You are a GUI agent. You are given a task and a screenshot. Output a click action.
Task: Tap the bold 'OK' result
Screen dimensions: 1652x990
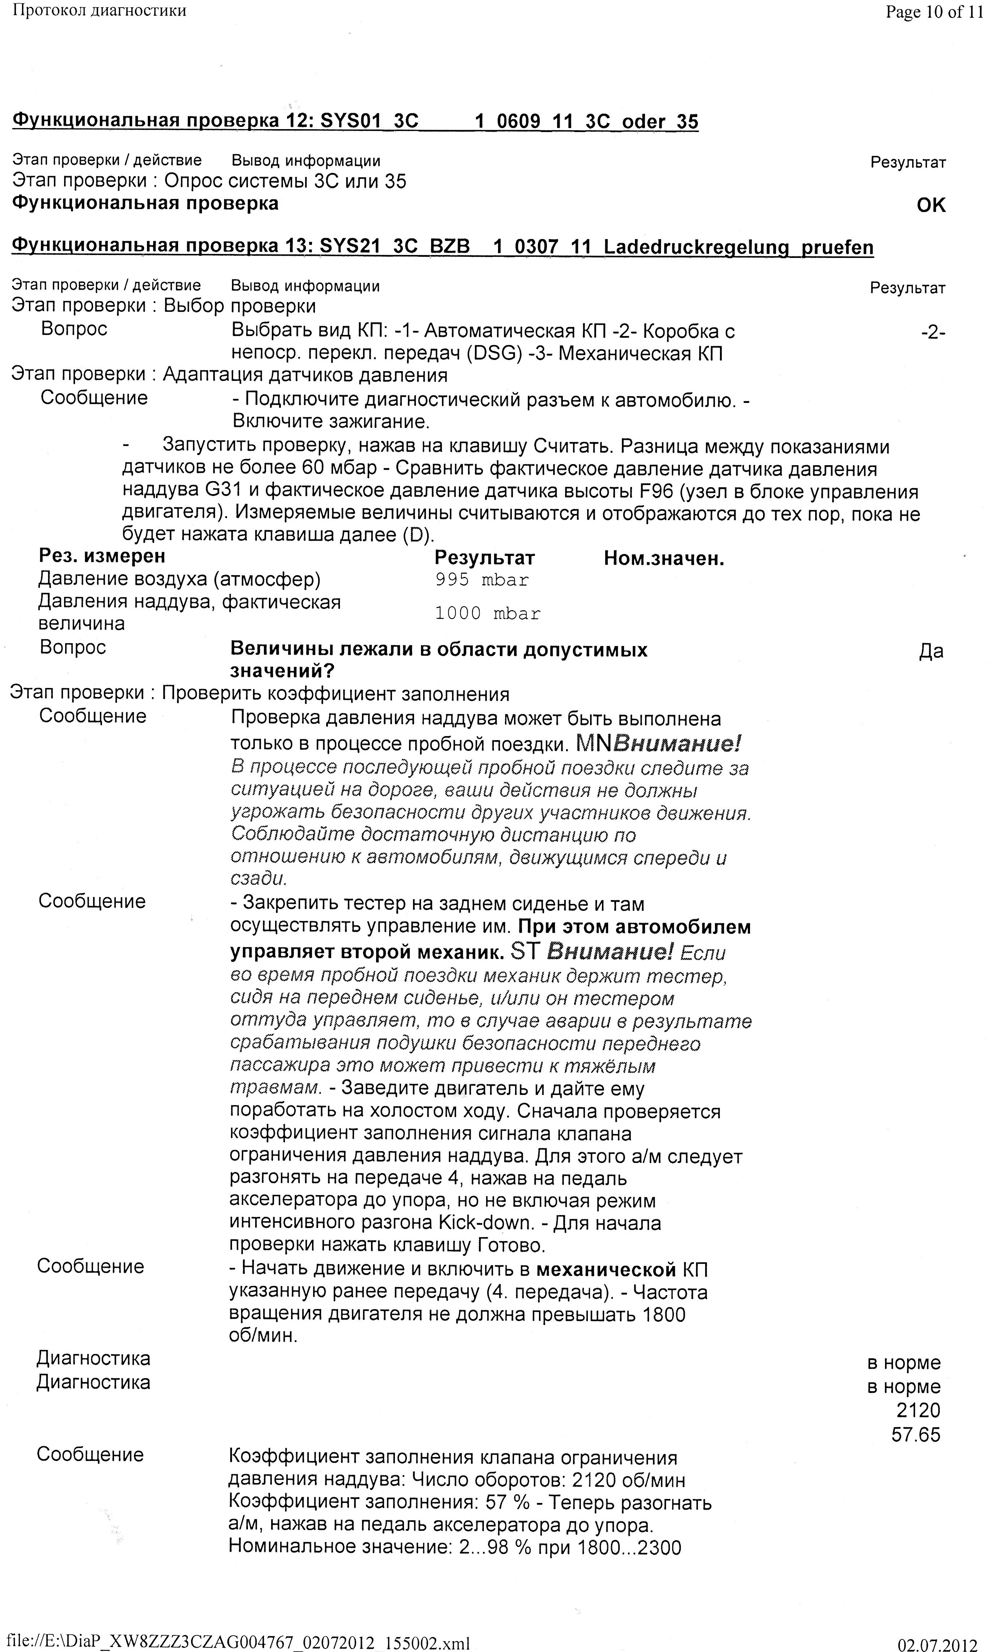click(931, 205)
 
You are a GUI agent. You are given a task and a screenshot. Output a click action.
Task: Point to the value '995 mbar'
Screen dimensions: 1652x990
click(482, 580)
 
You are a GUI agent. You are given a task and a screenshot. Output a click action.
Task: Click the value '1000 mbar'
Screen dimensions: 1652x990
click(487, 613)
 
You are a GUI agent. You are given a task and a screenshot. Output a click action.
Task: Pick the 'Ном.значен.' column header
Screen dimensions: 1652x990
click(664, 559)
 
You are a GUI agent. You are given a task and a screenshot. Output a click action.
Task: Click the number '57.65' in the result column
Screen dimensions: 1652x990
click(915, 1434)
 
